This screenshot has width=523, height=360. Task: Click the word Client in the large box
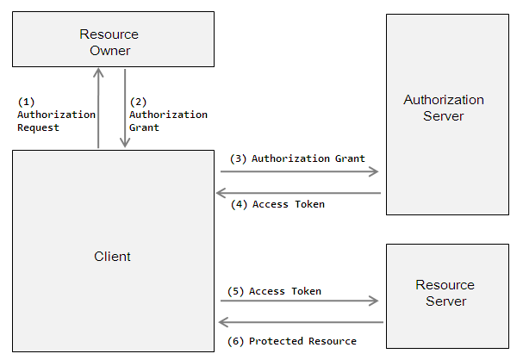(112, 257)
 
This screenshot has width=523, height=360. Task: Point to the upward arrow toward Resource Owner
(99, 108)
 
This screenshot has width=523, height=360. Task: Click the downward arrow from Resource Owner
(125, 108)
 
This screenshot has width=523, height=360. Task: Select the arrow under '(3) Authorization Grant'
(299, 172)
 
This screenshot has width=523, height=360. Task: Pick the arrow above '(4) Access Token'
(299, 193)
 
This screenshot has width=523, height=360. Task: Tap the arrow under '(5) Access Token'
(299, 301)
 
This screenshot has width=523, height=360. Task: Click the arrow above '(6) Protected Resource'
(299, 322)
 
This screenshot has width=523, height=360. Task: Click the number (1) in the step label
(26, 101)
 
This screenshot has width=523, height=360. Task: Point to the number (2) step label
(138, 101)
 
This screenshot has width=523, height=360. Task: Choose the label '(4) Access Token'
(277, 205)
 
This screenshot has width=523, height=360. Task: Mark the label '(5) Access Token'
(274, 291)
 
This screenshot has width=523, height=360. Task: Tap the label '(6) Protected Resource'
(291, 341)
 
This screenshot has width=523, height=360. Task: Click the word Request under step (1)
(39, 127)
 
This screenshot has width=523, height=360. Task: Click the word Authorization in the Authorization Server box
(444, 100)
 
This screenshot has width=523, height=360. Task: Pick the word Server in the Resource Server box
(445, 301)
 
